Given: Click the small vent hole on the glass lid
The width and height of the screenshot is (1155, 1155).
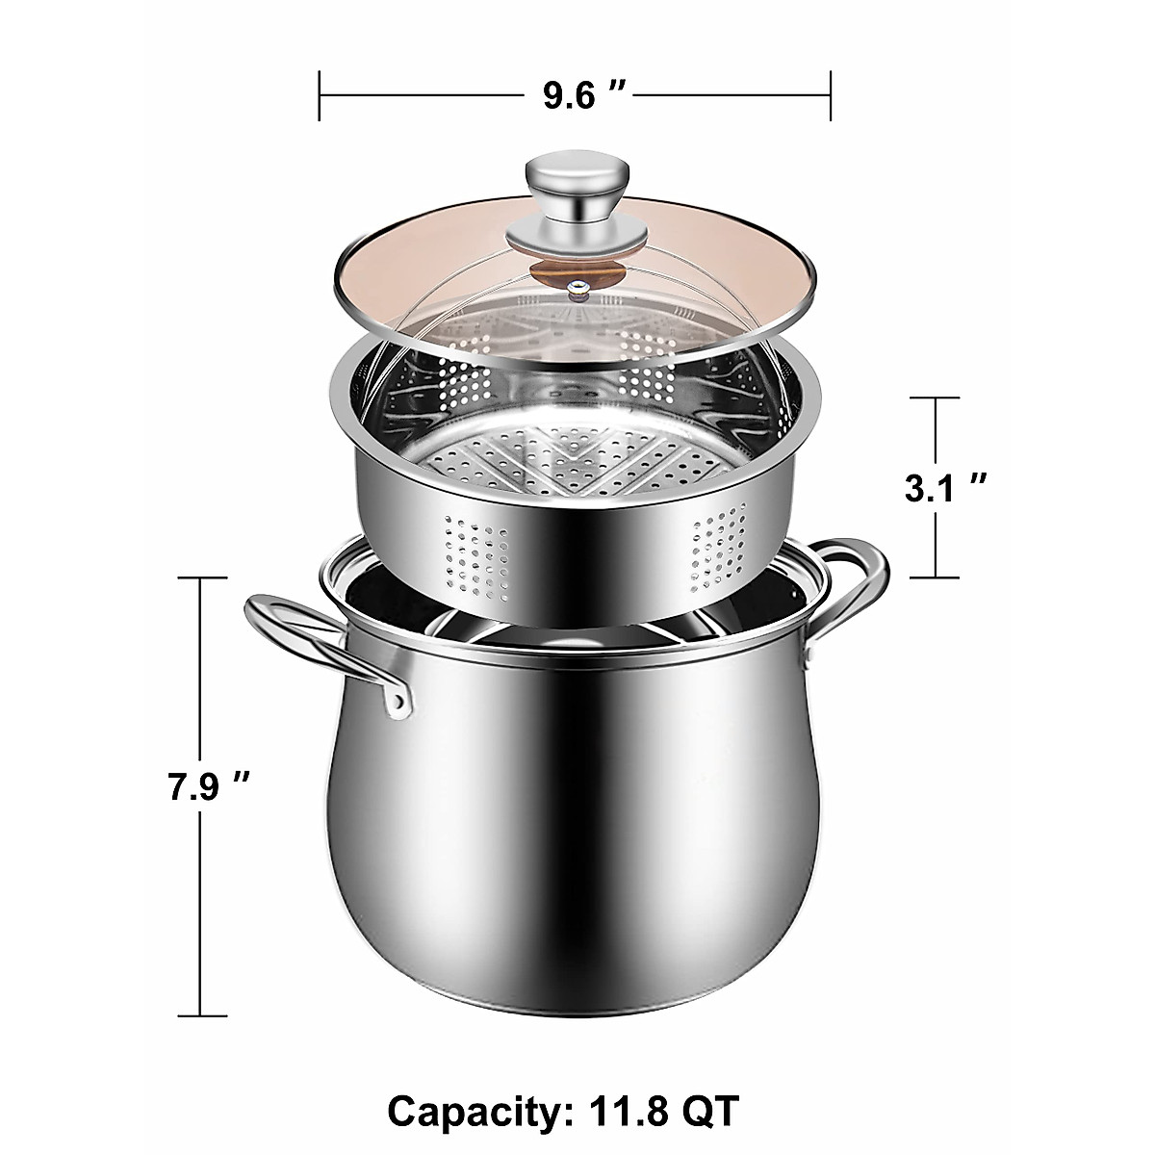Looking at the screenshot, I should pyautogui.click(x=575, y=285).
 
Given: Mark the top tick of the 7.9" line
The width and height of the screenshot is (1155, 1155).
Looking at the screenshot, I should pyautogui.click(x=199, y=577).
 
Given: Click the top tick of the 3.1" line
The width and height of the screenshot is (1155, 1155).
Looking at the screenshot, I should pyautogui.click(x=935, y=398).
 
